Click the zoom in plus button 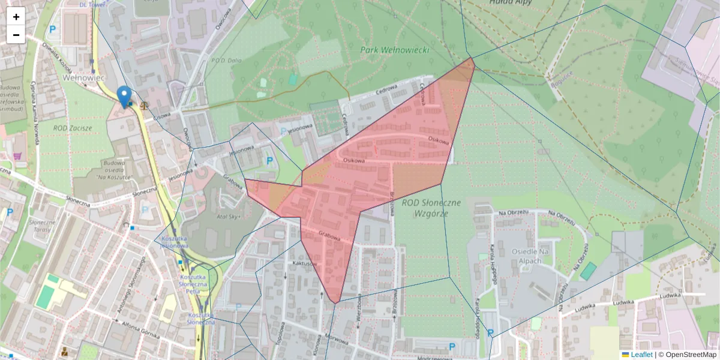pos(16,17)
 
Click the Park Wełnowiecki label pos(395,50)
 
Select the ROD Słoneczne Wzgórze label pos(431,208)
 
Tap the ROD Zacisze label pos(73,128)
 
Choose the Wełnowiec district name pos(84,78)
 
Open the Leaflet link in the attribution pos(640,355)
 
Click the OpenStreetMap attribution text pos(691,355)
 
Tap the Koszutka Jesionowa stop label pos(175,242)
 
